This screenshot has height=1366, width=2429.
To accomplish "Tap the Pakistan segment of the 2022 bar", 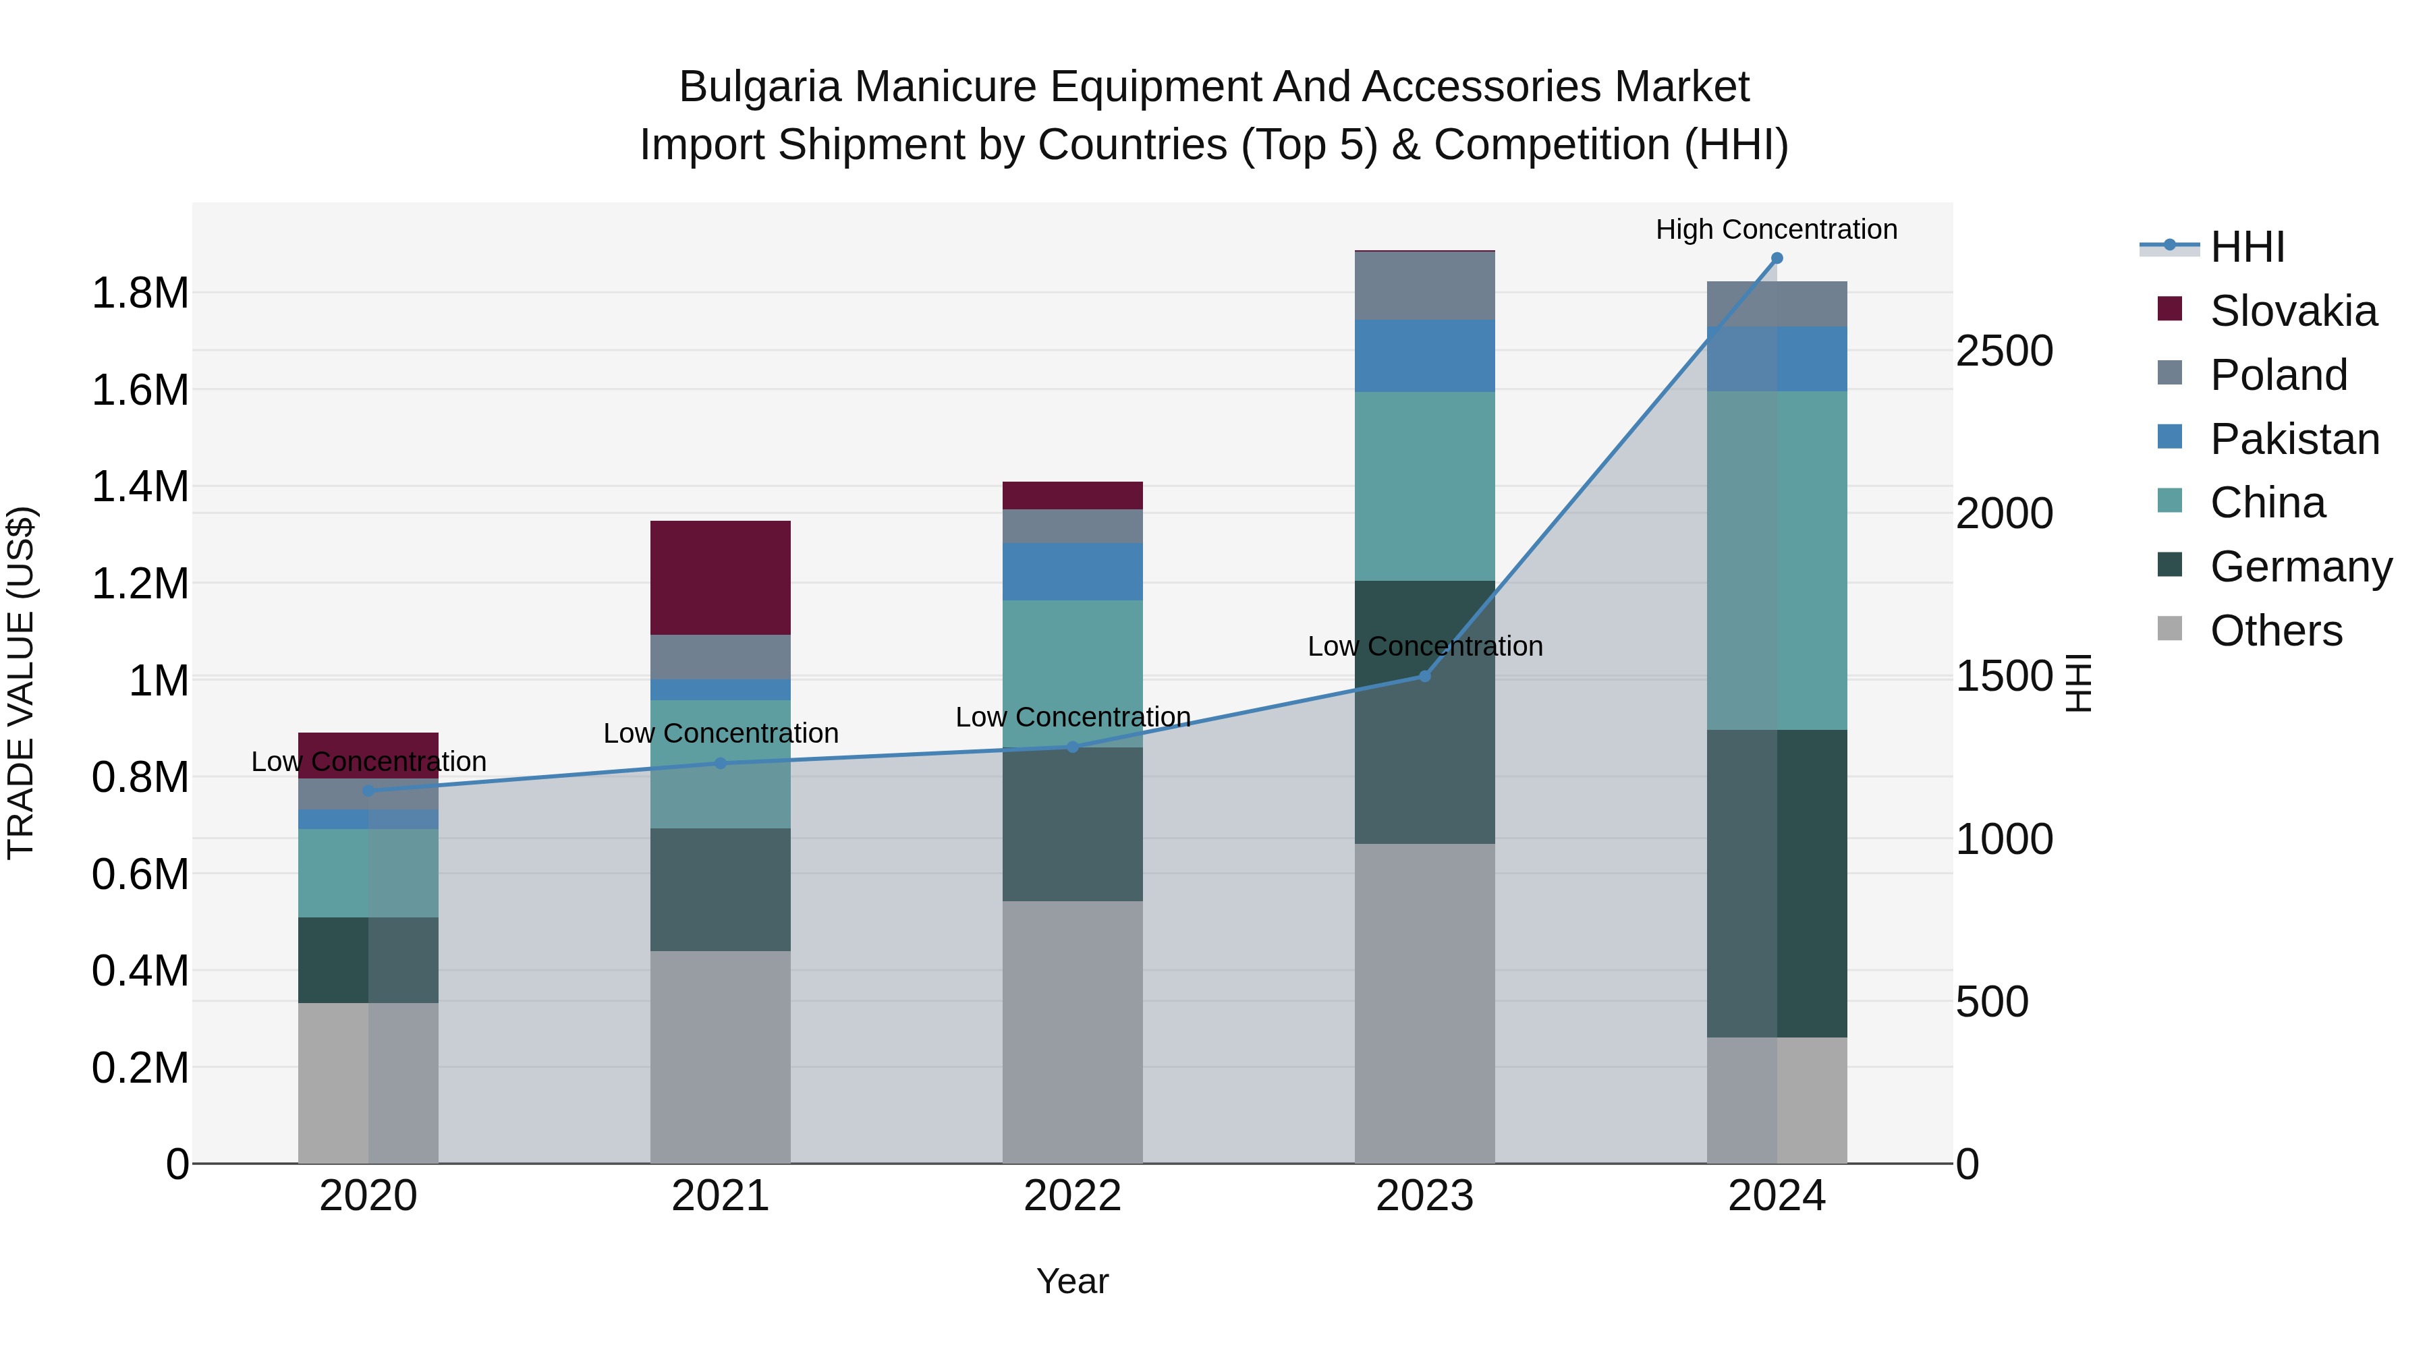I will (x=1072, y=571).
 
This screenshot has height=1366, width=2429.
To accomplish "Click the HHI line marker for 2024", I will (x=1777, y=258).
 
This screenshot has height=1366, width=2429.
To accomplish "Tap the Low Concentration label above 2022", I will (x=1072, y=718).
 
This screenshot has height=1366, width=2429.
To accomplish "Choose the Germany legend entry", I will (x=2300, y=567).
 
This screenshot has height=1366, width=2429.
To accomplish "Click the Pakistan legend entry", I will (x=2293, y=439).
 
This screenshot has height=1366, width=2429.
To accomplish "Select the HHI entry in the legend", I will (x=2246, y=247).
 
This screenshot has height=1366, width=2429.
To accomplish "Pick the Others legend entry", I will (x=2274, y=631).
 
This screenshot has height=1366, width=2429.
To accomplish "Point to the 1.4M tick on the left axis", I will (x=140, y=488).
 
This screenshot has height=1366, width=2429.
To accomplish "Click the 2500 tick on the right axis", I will (x=2004, y=351).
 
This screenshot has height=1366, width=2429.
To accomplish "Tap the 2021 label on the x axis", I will (x=721, y=1196).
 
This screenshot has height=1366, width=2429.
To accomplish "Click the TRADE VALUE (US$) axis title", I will (x=21, y=683).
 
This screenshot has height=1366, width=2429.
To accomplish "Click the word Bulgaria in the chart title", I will (x=759, y=87).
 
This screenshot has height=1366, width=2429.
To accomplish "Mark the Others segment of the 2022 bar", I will (x=1072, y=1031).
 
